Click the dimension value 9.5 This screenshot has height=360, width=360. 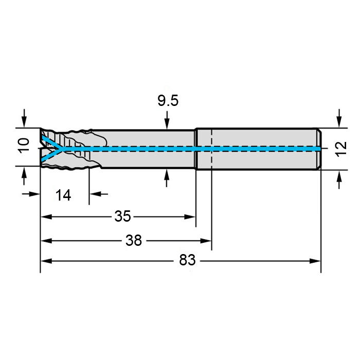coord(168,101)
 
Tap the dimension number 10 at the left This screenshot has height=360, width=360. coord(24,146)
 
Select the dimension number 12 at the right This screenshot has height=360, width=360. coord(341,149)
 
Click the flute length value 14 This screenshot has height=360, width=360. coord(63,195)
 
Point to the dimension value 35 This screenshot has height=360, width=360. coord(122,217)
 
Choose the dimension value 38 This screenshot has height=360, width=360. coord(134,241)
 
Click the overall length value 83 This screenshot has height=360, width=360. coord(187,260)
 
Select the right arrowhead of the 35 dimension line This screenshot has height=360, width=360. coord(190,217)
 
